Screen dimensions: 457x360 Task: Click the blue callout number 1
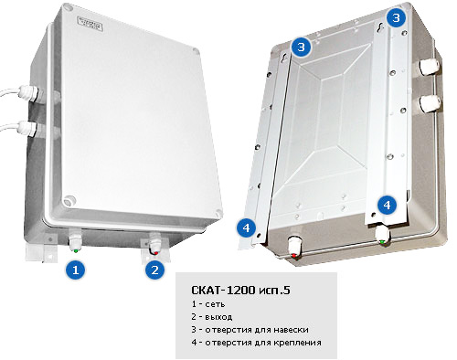coord(76,270)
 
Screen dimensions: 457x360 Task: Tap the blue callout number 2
coord(155,270)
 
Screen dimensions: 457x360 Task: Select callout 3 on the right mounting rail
coord(396,17)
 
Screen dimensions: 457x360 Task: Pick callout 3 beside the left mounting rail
coord(301,48)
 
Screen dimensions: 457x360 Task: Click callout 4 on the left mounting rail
coord(246,228)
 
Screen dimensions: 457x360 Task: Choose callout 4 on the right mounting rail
coord(387,205)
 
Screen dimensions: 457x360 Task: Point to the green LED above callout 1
coord(76,250)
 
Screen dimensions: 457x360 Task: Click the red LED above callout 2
coord(156,253)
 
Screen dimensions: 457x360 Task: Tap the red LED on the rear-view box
coord(294,255)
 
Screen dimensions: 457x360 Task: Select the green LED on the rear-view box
coord(382,242)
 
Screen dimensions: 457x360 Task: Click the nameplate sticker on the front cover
coord(90,24)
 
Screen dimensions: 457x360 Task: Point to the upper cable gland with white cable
coord(30,92)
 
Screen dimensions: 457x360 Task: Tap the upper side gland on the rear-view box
coord(430,67)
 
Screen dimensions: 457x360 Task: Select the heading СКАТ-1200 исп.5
coord(240,290)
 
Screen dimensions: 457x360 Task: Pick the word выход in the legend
coord(218,317)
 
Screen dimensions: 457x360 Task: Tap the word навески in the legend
coord(291,330)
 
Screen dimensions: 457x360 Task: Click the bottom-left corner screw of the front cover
coord(69,201)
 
